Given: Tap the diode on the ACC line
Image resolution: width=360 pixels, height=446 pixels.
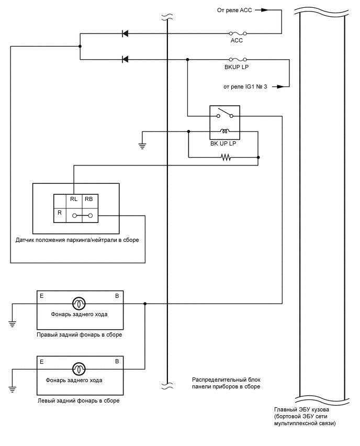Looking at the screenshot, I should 125,34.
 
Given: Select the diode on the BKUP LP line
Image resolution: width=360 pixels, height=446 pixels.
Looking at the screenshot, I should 125,59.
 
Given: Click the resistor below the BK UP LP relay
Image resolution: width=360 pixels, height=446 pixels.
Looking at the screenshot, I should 226,157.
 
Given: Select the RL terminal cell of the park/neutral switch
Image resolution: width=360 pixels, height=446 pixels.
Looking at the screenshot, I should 74,199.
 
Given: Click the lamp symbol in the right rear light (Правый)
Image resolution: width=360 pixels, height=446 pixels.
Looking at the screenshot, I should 80,303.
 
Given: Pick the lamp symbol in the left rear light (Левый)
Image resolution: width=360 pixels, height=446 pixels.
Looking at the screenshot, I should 80,369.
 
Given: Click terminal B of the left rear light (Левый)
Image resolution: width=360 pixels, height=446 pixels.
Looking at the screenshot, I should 117,361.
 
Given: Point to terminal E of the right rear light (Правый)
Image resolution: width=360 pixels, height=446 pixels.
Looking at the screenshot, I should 41,296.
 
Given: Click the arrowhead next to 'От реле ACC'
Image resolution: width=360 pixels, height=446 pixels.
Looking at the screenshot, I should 266,9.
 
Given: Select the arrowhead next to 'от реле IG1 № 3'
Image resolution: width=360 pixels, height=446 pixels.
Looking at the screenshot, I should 283,86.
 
